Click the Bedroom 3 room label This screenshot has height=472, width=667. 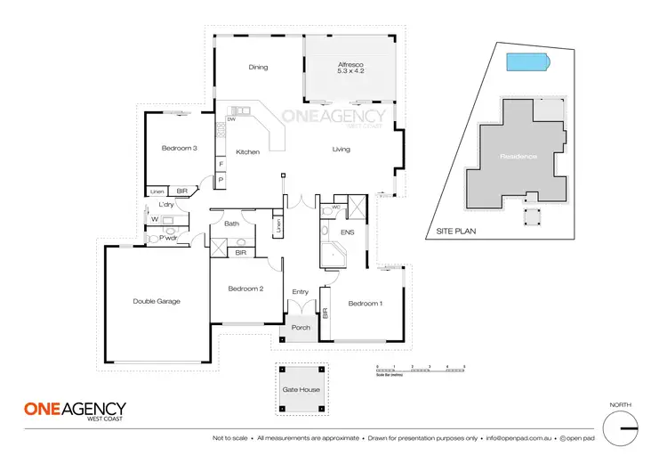coord(179,148)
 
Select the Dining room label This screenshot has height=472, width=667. coord(258,67)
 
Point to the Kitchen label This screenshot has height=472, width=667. coord(247,152)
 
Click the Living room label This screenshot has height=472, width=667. coord(342,150)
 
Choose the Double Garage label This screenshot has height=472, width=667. coord(157,301)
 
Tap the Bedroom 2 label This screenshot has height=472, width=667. coord(245,289)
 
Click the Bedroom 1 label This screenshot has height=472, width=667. coord(365,304)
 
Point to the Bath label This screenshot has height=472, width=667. coord(231,224)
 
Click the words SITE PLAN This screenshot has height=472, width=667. coord(454,230)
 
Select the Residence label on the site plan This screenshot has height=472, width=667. coord(518,157)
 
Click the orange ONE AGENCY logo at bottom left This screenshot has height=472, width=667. coord(74,410)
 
